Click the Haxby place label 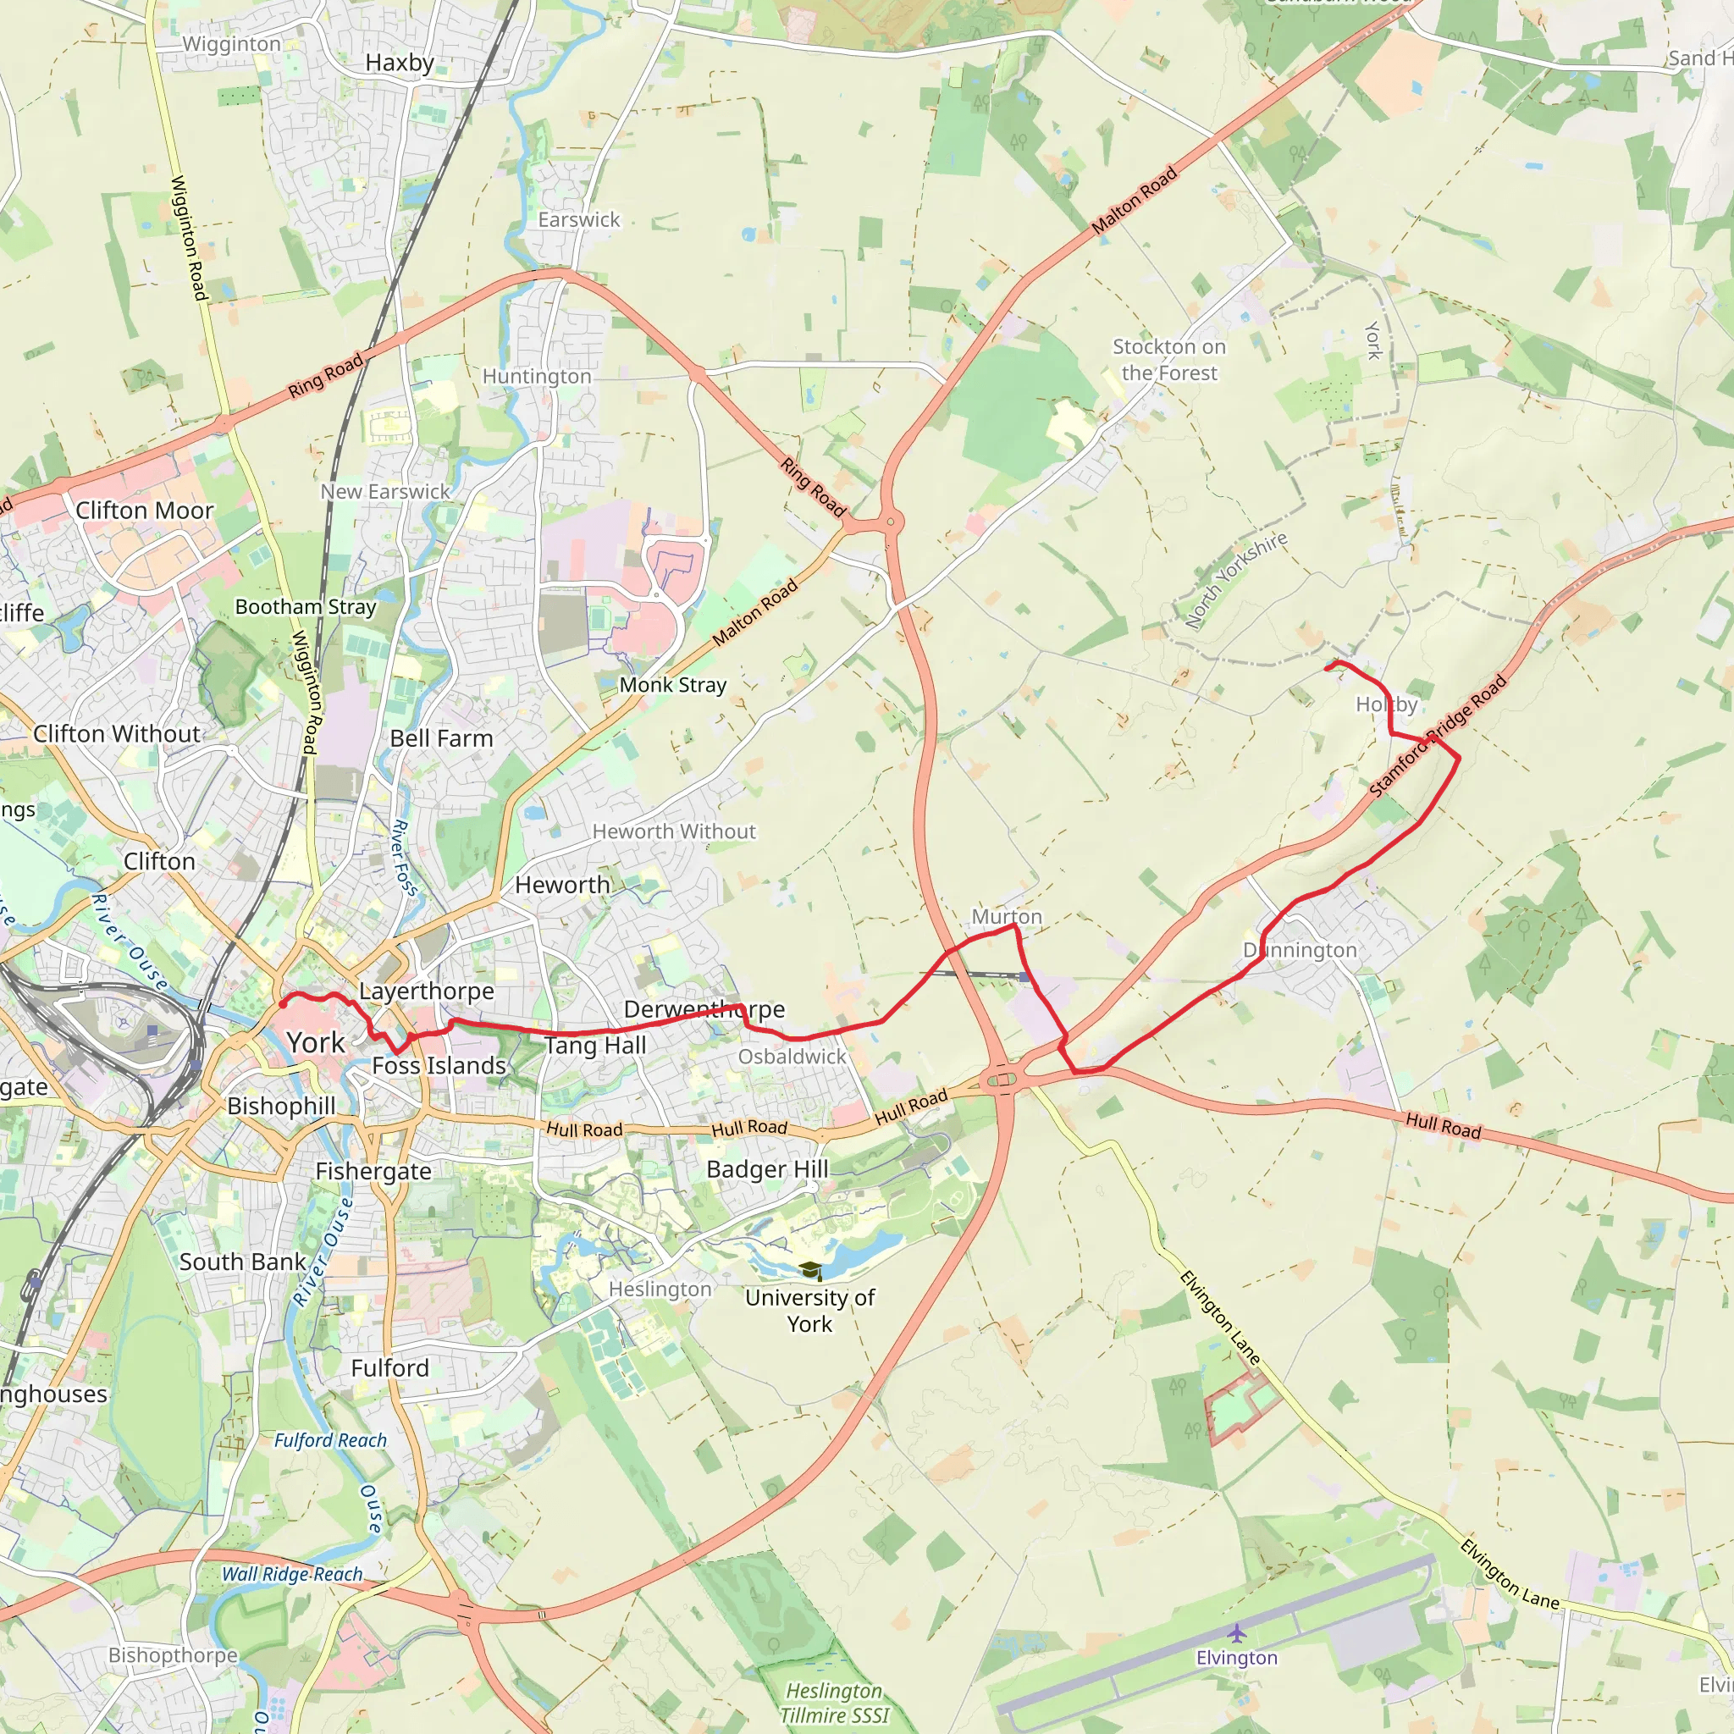click(400, 63)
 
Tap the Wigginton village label click(231, 44)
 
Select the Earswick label click(579, 220)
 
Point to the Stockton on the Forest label click(1168, 360)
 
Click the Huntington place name click(537, 377)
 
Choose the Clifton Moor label click(145, 511)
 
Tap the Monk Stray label click(672, 685)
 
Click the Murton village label click(1006, 916)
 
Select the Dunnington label click(1300, 950)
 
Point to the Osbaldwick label click(792, 1057)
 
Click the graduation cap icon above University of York click(809, 1270)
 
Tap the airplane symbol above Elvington click(1237, 1632)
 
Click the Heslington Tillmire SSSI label click(834, 1703)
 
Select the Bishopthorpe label click(174, 1655)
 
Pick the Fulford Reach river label click(330, 1439)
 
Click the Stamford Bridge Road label click(1438, 737)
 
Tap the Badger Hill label click(767, 1169)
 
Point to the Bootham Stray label click(305, 607)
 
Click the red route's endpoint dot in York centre click(283, 1004)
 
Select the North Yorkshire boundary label click(1236, 580)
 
